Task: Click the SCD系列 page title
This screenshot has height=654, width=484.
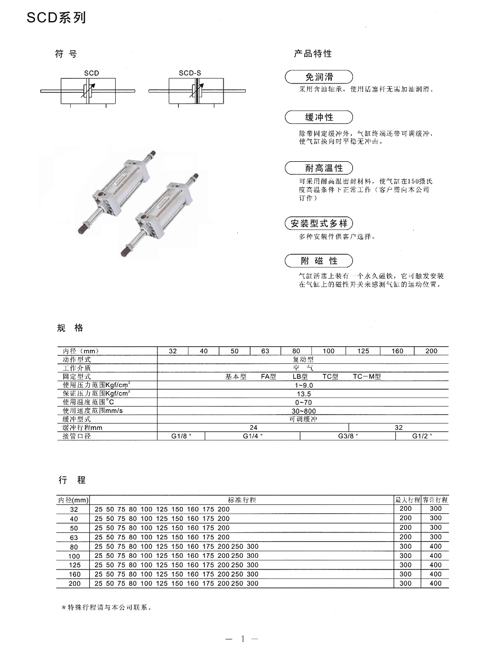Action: coord(55,18)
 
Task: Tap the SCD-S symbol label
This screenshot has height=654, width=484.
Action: coord(191,73)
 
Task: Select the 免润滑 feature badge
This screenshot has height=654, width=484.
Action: coord(319,77)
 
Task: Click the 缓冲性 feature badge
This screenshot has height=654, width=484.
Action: coord(319,117)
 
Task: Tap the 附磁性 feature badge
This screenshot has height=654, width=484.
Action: coord(319,261)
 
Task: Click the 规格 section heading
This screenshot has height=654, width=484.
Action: coord(70,328)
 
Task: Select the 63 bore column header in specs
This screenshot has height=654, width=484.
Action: coord(265,351)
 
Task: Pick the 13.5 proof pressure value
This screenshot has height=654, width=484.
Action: coord(303,394)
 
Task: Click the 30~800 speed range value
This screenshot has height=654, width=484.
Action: coord(303,411)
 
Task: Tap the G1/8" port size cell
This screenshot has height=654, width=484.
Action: coord(181,436)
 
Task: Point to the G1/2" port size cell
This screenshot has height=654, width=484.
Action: coord(422,436)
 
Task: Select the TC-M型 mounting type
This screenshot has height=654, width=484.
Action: coord(367,377)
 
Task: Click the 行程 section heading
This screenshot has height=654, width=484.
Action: coord(72,480)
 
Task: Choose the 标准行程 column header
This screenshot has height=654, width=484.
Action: coord(242,500)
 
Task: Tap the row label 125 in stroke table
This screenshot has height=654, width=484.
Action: coord(74,565)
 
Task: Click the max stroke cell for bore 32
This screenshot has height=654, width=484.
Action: coord(405,509)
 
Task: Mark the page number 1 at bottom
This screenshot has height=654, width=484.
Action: coord(242,639)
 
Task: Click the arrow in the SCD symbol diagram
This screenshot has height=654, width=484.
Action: coord(90,90)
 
